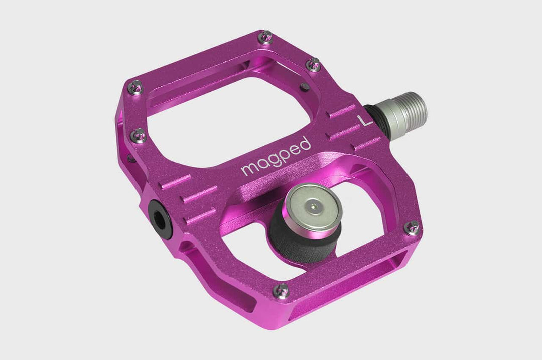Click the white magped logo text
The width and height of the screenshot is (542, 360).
(x=276, y=156)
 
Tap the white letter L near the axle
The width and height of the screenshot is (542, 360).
(x=363, y=121)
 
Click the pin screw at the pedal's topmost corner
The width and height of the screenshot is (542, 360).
(x=266, y=36)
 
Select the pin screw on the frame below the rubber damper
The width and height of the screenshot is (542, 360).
(x=282, y=290)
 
